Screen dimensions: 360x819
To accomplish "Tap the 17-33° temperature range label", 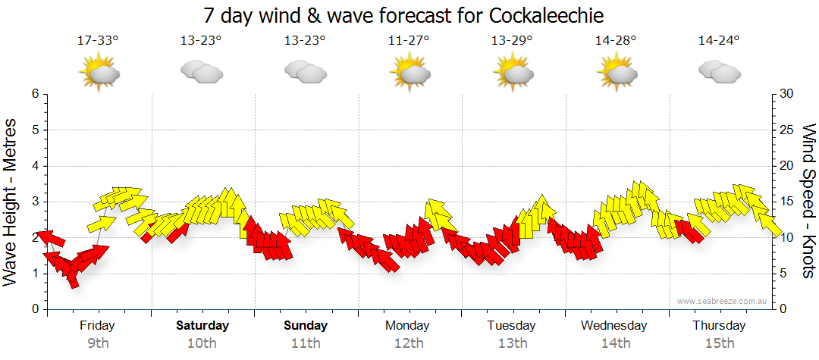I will click(x=98, y=41).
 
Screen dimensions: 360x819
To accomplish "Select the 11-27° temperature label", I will click(x=409, y=41).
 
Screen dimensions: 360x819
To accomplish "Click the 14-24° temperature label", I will click(x=719, y=41).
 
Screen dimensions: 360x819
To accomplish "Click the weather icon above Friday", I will click(x=99, y=73).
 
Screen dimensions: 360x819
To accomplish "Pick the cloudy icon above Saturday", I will click(x=202, y=72).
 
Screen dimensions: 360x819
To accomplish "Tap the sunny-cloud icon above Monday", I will click(x=409, y=73).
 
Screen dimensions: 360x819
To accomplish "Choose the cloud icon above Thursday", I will click(x=719, y=72).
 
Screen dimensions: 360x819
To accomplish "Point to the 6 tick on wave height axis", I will click(x=34, y=94).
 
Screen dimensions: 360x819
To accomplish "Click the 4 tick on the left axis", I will click(x=34, y=166).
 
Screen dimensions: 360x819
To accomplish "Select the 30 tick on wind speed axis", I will click(x=787, y=94).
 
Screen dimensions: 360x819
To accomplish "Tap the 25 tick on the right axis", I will click(x=787, y=130).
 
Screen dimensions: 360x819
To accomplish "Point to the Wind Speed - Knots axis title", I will click(x=808, y=201).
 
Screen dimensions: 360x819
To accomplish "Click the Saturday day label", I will click(x=202, y=326).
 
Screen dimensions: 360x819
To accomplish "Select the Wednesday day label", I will click(x=614, y=326).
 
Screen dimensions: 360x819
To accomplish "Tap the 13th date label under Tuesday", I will click(x=513, y=343).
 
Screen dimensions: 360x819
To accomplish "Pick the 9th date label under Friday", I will click(x=98, y=343).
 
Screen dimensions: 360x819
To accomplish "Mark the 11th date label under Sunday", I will click(x=306, y=343).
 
